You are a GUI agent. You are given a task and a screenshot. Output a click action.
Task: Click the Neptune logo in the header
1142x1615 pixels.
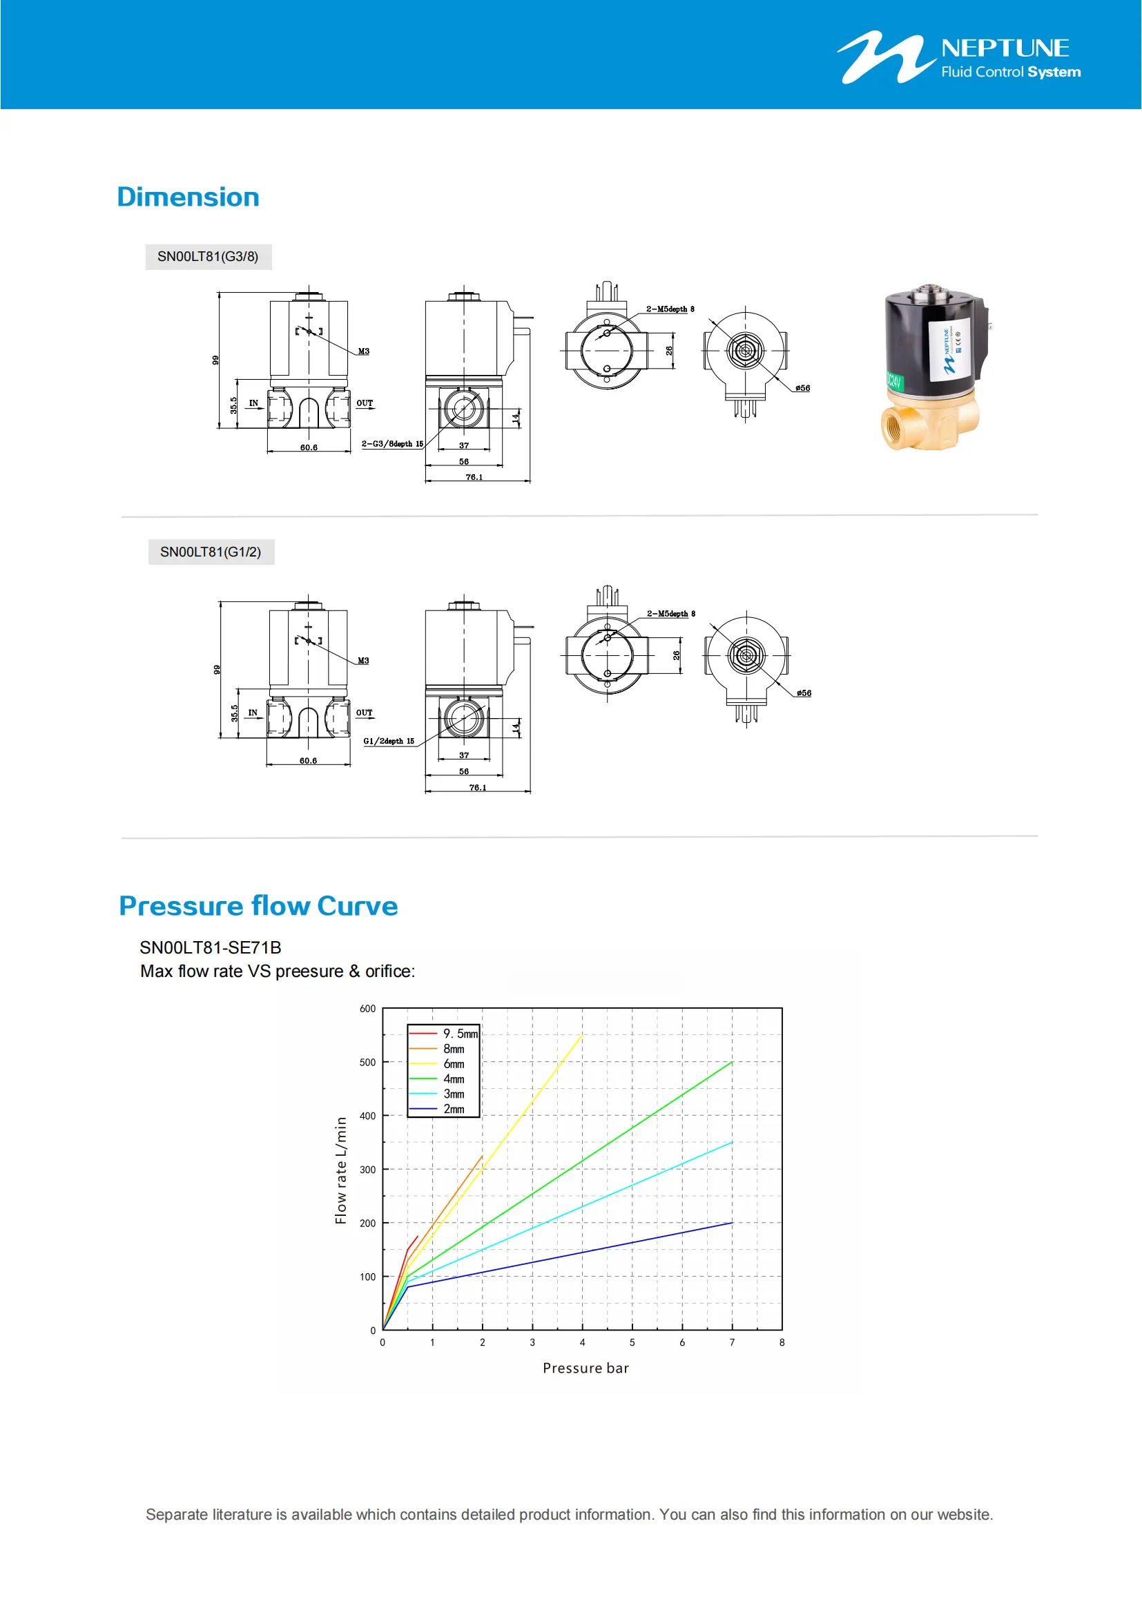coord(958,58)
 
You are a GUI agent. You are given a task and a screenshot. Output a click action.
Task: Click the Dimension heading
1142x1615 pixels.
coord(188,197)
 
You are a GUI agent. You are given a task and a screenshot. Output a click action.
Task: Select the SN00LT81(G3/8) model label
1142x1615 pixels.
coord(208,257)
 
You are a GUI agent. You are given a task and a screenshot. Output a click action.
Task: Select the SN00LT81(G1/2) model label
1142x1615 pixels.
coord(211,552)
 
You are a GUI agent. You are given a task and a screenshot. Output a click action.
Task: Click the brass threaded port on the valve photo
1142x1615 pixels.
coord(896,429)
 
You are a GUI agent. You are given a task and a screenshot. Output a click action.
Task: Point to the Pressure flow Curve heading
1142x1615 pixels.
coord(258,906)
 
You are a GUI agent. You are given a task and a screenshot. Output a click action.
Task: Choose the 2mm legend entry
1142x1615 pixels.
coord(454,1110)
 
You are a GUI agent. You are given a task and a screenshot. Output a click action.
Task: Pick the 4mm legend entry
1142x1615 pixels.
coord(454,1079)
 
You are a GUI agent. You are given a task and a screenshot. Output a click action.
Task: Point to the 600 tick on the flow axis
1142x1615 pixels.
coord(368,1009)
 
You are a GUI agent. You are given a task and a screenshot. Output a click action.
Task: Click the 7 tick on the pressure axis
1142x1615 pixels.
coord(732,1342)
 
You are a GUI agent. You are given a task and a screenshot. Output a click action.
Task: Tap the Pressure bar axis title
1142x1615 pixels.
coord(585,1368)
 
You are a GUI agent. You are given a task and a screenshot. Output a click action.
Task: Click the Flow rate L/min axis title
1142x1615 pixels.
coord(341,1170)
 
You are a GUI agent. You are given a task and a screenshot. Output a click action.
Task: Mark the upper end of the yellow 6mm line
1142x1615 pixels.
coord(581,1036)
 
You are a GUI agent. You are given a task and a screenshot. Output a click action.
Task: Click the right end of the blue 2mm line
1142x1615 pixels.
coord(731,1224)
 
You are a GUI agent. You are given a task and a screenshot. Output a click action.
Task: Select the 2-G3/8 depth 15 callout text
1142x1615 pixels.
coord(392,444)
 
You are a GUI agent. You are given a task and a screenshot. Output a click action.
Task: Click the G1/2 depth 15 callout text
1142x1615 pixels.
coord(389,741)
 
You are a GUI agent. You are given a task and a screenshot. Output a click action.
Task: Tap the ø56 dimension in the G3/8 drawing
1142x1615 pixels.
coord(802,388)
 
